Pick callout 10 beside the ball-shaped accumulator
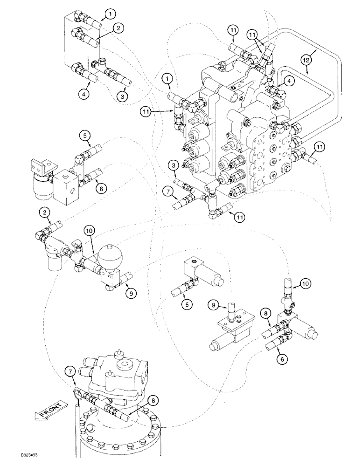(90, 230)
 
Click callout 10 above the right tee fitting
(304, 282)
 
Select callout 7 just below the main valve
(167, 191)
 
